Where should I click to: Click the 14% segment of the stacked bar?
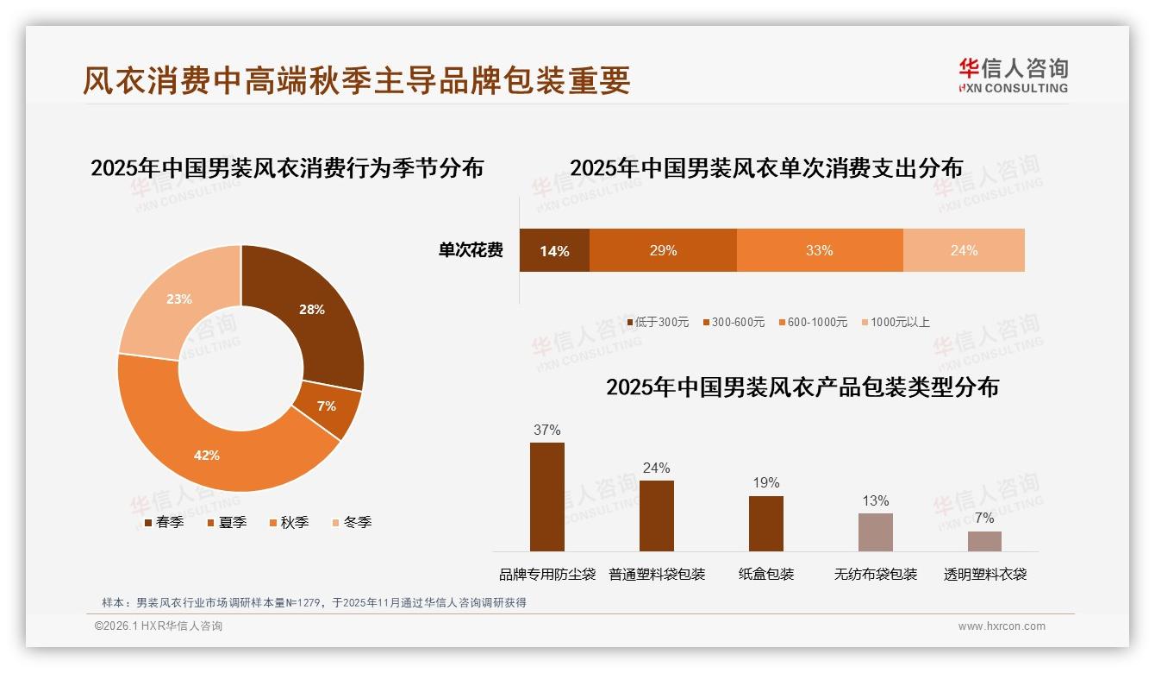(554, 251)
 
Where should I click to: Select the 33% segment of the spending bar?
(819, 251)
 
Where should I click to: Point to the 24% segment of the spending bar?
(964, 251)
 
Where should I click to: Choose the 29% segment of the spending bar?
(663, 251)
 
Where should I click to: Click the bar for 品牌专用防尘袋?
(547, 497)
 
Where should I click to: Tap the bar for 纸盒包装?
(766, 524)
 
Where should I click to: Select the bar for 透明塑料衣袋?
(984, 541)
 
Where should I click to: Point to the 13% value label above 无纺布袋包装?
(875, 501)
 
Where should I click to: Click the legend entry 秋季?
(289, 522)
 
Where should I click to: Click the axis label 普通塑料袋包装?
(657, 575)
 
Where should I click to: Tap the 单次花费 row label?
(471, 251)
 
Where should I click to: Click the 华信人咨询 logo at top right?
(1013, 75)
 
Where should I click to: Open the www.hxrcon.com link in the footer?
(1002, 626)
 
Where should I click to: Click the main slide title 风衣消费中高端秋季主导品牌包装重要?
(357, 80)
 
